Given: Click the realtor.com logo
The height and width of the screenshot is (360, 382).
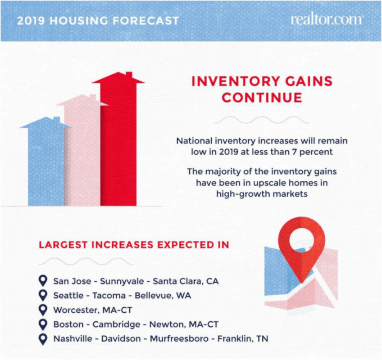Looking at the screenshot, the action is pyautogui.click(x=327, y=20).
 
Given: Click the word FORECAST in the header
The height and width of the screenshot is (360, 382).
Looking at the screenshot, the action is pyautogui.click(x=146, y=21).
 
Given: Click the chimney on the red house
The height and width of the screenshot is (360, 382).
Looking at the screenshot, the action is pyautogui.click(x=129, y=75).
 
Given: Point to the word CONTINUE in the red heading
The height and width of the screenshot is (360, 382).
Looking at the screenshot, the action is pyautogui.click(x=262, y=98).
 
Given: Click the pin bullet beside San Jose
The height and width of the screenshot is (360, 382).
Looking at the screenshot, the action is pyautogui.click(x=43, y=281).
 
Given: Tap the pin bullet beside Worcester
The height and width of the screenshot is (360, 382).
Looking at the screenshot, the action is pyautogui.click(x=43, y=310).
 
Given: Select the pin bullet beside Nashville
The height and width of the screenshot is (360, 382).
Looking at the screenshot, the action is pyautogui.click(x=43, y=338).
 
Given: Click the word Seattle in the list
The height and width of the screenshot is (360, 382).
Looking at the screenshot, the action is pyautogui.click(x=68, y=296).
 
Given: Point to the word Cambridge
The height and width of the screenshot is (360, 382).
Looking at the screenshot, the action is pyautogui.click(x=117, y=324).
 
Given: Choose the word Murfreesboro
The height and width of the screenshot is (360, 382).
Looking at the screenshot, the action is pyautogui.click(x=179, y=338).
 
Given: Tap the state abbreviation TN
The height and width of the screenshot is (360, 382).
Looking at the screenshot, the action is pyautogui.click(x=262, y=338).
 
